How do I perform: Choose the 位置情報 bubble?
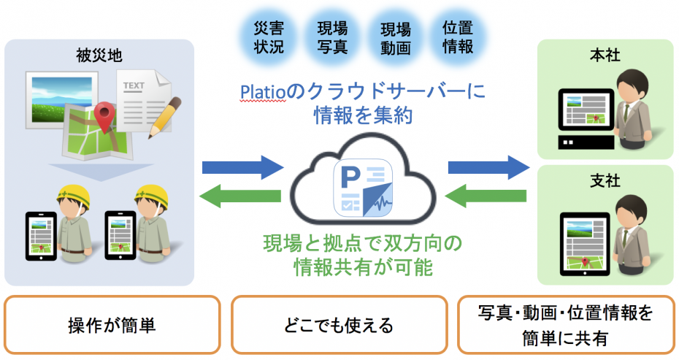tap(458, 37)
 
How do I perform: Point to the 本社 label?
tap(605, 55)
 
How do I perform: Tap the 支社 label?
tap(605, 178)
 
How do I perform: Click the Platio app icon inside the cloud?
tap(363, 189)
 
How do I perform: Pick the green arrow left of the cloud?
tap(240, 196)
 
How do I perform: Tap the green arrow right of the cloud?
tap(486, 196)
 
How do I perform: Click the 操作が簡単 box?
tap(112, 324)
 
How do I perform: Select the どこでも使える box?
tap(339, 324)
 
